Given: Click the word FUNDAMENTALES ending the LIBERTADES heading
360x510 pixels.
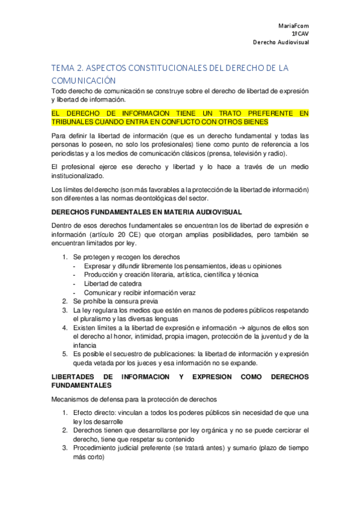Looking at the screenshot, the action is (x=82, y=385).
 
